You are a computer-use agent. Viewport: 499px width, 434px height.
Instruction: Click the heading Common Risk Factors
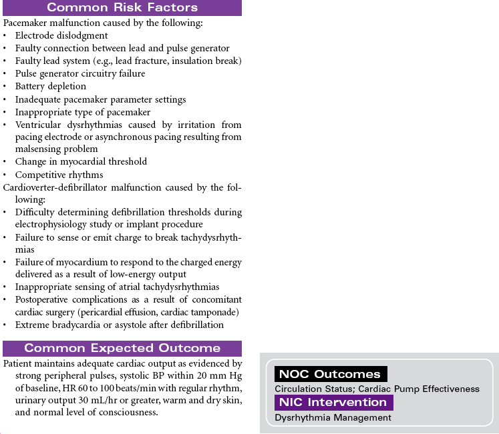(x=122, y=8)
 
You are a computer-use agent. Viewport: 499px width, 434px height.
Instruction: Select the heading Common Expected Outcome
(x=122, y=348)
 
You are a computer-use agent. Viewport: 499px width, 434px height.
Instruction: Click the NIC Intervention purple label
(x=333, y=403)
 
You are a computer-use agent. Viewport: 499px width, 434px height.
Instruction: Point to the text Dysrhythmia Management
(x=333, y=418)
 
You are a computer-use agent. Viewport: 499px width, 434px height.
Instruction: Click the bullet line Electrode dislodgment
(x=61, y=35)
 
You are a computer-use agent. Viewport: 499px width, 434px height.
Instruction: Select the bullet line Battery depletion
(x=51, y=86)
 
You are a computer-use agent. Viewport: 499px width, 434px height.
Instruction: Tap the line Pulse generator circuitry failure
(x=80, y=73)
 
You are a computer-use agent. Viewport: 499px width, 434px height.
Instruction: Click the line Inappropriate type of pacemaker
(x=83, y=112)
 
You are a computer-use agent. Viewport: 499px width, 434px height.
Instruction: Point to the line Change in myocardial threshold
(x=81, y=162)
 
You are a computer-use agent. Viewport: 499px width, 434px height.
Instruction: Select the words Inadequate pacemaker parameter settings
(x=100, y=99)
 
